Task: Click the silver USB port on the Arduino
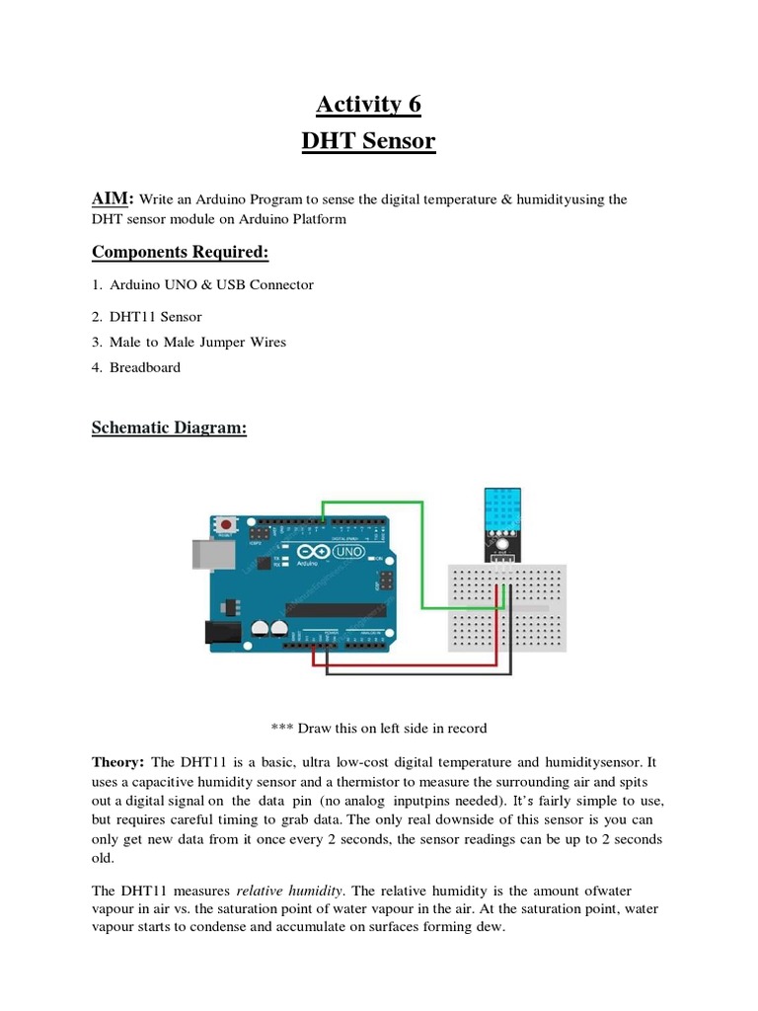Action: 205,555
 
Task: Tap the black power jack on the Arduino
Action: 218,632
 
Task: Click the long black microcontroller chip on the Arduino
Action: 336,609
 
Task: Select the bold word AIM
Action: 111,198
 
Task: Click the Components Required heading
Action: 180,253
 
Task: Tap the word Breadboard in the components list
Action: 145,367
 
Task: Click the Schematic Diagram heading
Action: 169,428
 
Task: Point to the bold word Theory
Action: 117,761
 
